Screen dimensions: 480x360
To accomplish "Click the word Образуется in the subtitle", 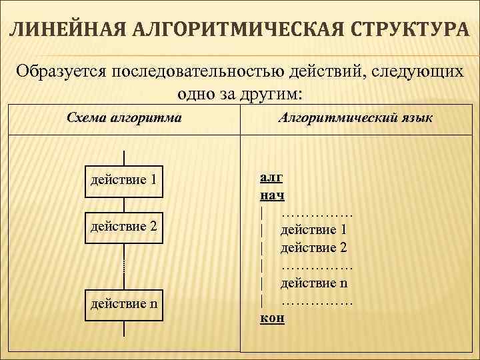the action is click(63, 71).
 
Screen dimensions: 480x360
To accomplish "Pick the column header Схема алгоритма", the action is click(125, 118).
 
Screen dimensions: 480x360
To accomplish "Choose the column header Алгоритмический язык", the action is click(356, 118).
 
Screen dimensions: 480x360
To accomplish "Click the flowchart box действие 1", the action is click(124, 180).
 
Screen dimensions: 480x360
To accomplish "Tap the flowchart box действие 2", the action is click(124, 226).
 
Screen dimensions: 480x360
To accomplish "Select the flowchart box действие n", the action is click(124, 305).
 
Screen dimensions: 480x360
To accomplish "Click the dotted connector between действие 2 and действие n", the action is click(124, 265).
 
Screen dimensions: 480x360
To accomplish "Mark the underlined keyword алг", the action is click(271, 179).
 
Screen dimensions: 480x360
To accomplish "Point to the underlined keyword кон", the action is click(271, 317).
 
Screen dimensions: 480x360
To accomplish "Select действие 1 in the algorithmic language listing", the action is click(314, 230).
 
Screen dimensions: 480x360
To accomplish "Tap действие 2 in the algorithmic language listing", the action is click(314, 247).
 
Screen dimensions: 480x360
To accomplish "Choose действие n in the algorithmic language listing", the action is click(314, 283).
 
